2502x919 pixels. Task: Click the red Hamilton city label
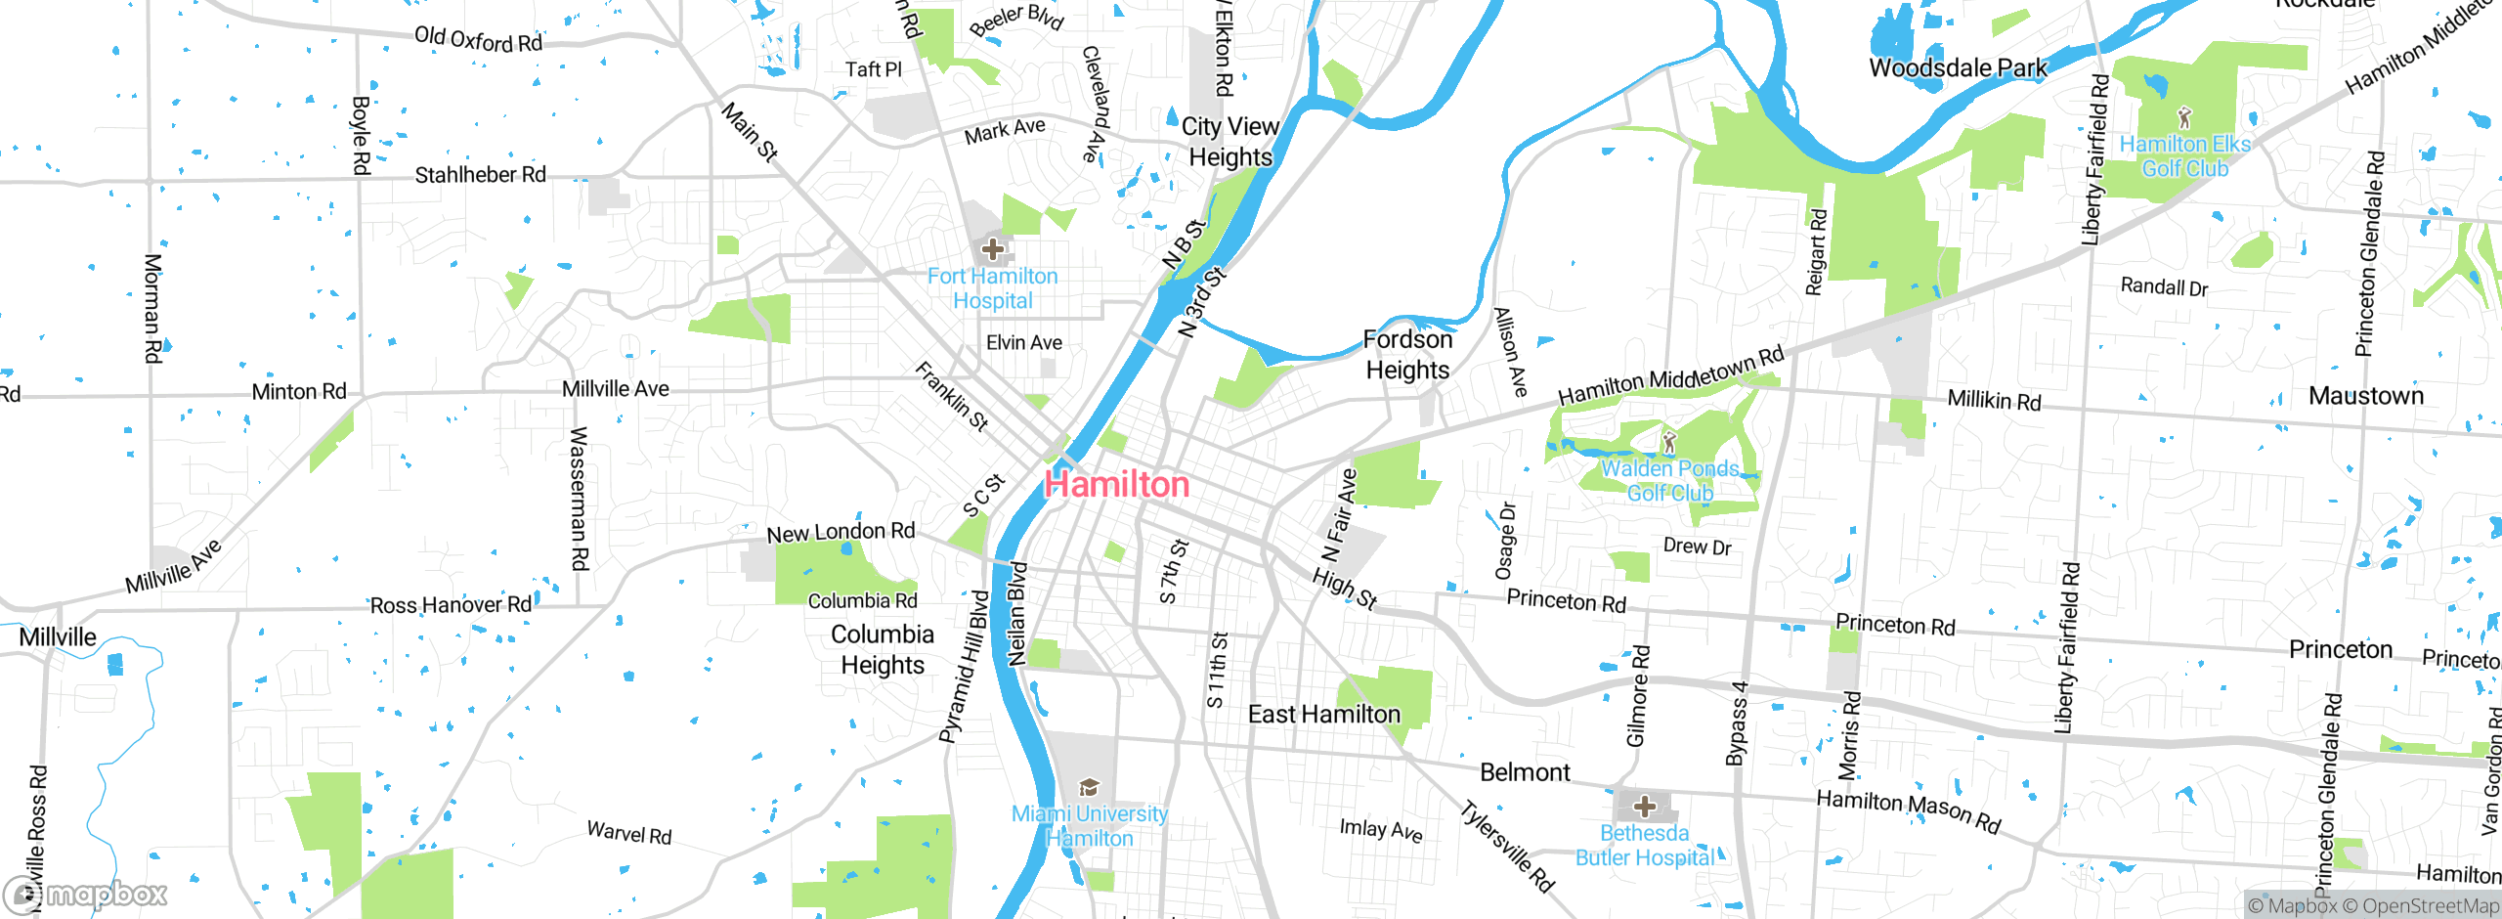(1117, 485)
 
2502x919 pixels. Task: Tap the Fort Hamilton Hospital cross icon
(993, 249)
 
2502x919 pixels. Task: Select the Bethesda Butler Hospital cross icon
(1645, 807)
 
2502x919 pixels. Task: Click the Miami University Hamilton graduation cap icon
(1089, 787)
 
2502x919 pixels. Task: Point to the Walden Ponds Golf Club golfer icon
(1669, 442)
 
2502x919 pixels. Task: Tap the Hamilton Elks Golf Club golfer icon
(2184, 118)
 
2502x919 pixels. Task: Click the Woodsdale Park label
(1958, 68)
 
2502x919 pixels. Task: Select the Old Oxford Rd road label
(478, 40)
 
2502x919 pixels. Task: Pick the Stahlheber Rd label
(480, 175)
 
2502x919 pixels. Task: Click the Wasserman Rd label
(580, 499)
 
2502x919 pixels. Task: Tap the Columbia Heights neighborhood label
(883, 649)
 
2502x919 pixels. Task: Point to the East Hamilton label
(1323, 715)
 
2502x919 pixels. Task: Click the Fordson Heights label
(1407, 355)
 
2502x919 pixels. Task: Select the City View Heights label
(1230, 142)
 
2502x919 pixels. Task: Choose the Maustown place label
(2366, 396)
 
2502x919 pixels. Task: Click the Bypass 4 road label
(1737, 723)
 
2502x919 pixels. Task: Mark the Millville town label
(58, 637)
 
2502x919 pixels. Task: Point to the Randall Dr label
(2164, 287)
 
